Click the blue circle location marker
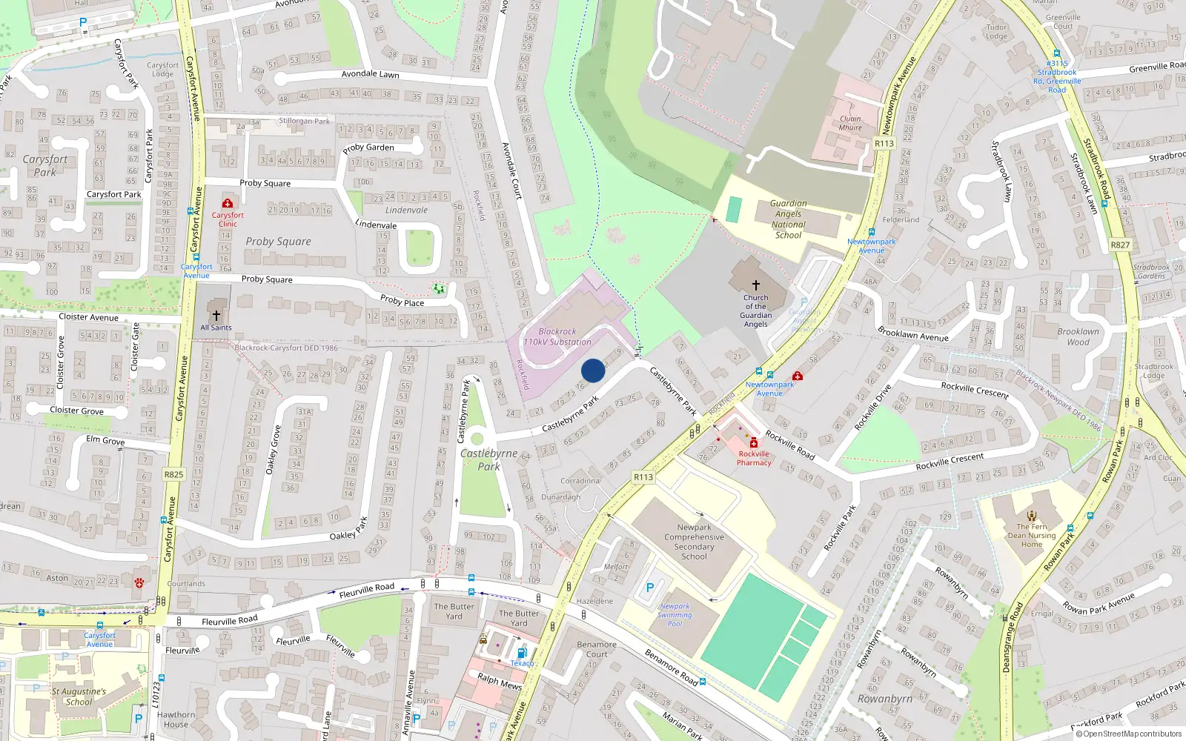tap(593, 370)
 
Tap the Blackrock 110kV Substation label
tap(557, 337)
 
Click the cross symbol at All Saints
tap(216, 315)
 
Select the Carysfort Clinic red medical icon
tap(228, 203)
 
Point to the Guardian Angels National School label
tap(788, 219)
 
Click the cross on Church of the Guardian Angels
tap(755, 285)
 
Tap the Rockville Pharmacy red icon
tap(754, 443)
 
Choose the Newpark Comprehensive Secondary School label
tap(694, 542)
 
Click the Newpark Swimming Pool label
tap(675, 615)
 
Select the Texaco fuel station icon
tap(522, 653)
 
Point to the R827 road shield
tap(1120, 245)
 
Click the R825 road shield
tap(173, 474)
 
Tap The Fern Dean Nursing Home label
tap(1032, 535)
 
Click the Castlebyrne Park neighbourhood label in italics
tap(488, 459)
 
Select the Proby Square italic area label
tap(278, 242)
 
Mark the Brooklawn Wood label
tap(1078, 336)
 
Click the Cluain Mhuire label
tap(850, 123)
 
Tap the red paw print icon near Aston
tap(139, 583)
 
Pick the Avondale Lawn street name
tap(370, 74)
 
